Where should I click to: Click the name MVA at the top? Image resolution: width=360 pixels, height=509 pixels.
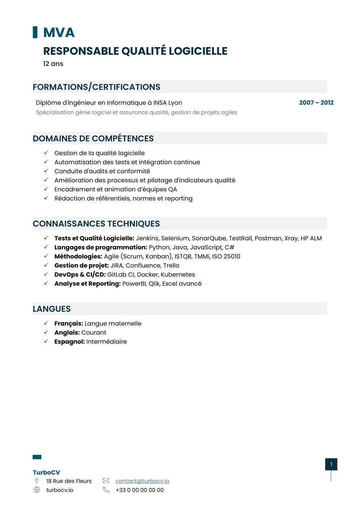click(59, 33)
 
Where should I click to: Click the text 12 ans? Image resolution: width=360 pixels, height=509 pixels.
click(53, 64)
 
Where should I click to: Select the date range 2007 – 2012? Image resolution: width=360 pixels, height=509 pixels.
click(316, 103)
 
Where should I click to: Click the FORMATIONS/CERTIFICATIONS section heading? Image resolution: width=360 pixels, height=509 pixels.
click(96, 87)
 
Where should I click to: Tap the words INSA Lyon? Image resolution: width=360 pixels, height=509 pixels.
click(167, 103)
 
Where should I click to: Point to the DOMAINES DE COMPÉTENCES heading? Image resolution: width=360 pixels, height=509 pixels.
click(93, 138)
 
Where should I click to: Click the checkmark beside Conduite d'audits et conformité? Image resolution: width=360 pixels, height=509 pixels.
click(46, 171)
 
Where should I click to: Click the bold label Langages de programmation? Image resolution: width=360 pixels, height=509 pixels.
click(101, 247)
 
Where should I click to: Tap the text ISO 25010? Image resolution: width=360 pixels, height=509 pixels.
click(226, 256)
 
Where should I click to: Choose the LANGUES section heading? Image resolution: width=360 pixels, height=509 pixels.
click(52, 309)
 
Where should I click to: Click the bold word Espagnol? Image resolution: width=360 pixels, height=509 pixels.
click(70, 342)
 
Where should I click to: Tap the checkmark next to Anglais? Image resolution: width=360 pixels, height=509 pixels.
click(46, 332)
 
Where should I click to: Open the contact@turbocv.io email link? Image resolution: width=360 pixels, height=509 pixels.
click(142, 481)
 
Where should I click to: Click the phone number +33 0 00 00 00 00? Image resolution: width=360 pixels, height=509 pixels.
click(140, 490)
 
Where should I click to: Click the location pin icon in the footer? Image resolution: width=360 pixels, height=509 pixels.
click(37, 481)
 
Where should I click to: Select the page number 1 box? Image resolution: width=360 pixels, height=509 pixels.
click(331, 464)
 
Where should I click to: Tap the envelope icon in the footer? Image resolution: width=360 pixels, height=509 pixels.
click(106, 481)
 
